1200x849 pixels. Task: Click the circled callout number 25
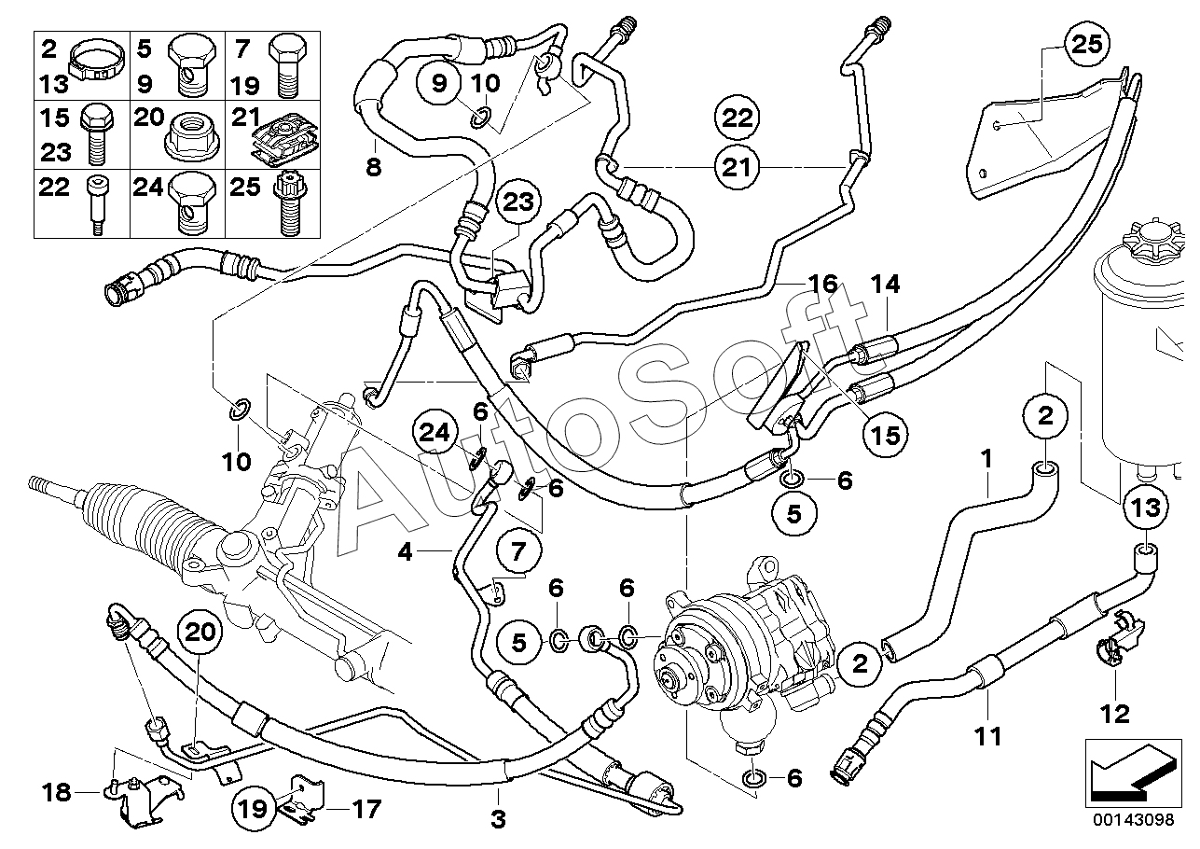click(x=1087, y=44)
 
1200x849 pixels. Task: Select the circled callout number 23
click(x=518, y=202)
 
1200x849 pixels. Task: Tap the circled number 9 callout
click(x=439, y=83)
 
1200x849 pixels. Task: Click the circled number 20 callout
click(x=200, y=633)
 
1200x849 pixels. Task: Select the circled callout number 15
click(x=886, y=435)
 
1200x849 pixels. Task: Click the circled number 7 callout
click(x=518, y=550)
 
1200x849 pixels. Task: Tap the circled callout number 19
click(x=254, y=808)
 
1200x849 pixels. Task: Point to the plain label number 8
click(x=373, y=167)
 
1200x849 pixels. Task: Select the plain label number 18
click(x=56, y=792)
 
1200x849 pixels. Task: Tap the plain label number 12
click(x=1115, y=714)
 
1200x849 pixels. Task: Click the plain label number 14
click(x=885, y=284)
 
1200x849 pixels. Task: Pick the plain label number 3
click(x=498, y=819)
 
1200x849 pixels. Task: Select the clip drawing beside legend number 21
click(x=285, y=137)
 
